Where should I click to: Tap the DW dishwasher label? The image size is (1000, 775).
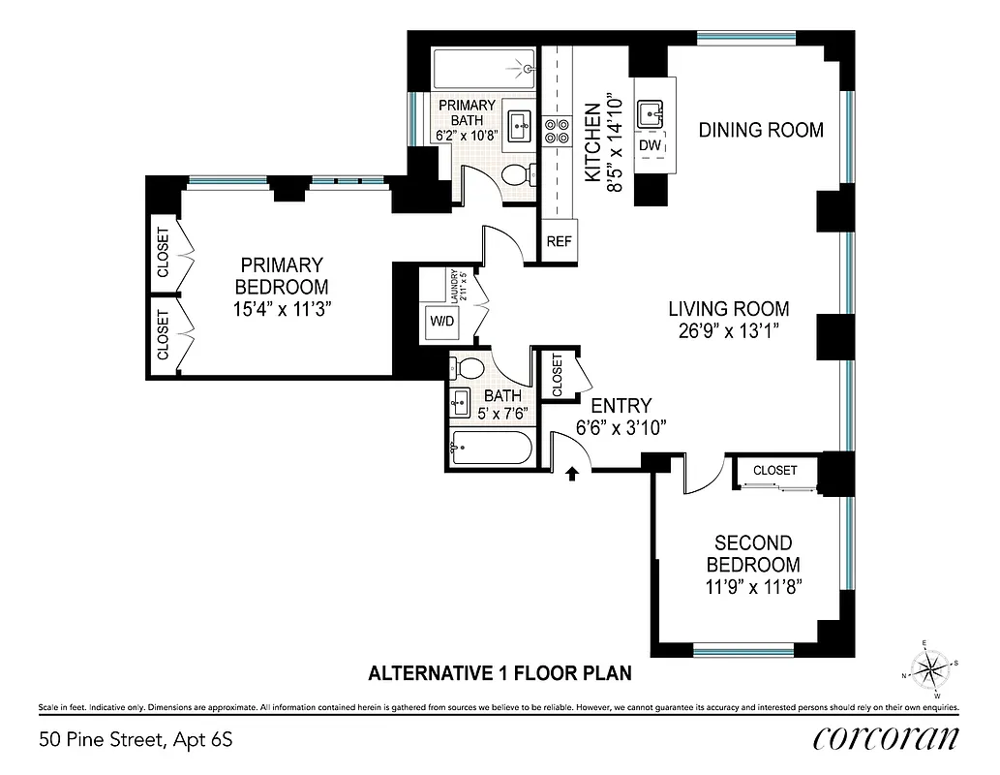[x=650, y=146]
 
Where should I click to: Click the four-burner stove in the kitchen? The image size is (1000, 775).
[x=556, y=131]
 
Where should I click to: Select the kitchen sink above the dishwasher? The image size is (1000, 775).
[x=650, y=112]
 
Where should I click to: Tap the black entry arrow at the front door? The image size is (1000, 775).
[x=571, y=473]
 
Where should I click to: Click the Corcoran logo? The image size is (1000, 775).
[x=887, y=738]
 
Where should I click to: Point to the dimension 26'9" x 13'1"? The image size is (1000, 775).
[x=729, y=331]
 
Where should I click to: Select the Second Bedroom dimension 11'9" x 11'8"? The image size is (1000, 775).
[x=752, y=587]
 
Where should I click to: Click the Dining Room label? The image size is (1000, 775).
[x=761, y=130]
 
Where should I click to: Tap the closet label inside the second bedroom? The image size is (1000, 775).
[x=775, y=470]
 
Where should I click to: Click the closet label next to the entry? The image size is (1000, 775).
[x=557, y=374]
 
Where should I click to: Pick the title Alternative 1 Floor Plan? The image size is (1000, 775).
[x=500, y=672]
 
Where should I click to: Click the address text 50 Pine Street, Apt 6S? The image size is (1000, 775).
[x=136, y=741]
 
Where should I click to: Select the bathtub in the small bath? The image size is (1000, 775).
[x=490, y=451]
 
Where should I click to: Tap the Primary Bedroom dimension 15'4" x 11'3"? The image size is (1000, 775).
[x=282, y=309]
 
